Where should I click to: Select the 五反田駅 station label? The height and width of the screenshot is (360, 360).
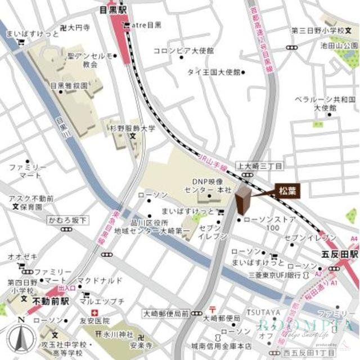point(336,254)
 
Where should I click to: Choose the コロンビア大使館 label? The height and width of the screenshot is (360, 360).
point(183,51)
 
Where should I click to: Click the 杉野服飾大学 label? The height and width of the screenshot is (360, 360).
point(133,128)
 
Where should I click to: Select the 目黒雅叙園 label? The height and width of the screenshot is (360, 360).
point(69,85)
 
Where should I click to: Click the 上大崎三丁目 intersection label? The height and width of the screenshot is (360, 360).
point(259,166)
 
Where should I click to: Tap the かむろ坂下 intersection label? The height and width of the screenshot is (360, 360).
point(67,220)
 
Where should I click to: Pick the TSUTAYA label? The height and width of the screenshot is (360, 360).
point(263,312)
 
